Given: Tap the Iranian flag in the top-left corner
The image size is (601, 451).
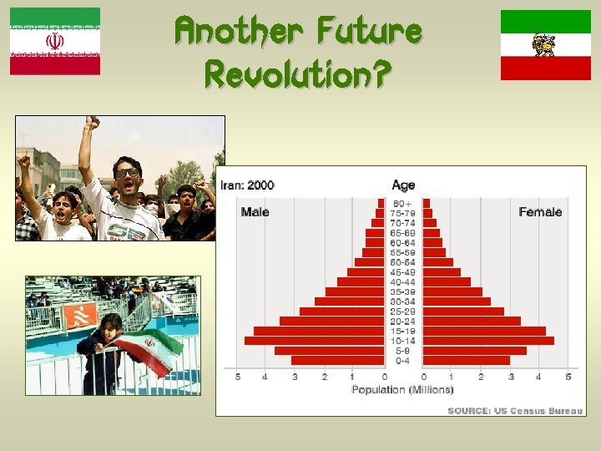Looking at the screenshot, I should tap(55, 41).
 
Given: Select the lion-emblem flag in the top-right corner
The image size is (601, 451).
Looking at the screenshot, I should tap(546, 45).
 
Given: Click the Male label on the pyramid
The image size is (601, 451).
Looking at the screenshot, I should tap(255, 212).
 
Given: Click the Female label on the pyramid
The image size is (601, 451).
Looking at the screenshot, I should tap(540, 212).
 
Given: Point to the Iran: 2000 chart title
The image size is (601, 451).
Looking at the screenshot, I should tap(247, 185).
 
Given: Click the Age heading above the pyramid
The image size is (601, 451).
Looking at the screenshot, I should tap(403, 185).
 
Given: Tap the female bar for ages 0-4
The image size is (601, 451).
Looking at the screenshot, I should tap(467, 361).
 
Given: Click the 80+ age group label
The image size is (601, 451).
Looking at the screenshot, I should tap(403, 203).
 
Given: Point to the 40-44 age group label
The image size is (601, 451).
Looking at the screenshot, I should tap(403, 282).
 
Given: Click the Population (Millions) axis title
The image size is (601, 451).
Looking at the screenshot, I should tap(402, 390).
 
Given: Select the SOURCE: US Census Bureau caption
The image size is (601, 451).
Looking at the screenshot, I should tap(514, 410).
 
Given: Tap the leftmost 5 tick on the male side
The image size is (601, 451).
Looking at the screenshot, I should tap(238, 378).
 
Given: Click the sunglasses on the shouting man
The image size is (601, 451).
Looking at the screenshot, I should tap(127, 172).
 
